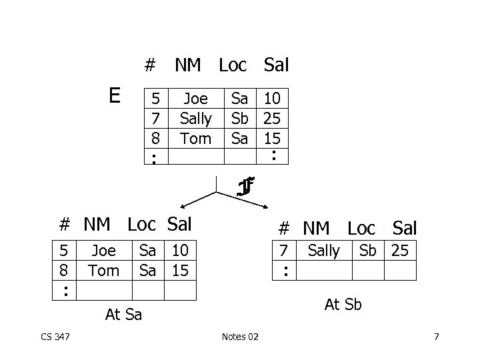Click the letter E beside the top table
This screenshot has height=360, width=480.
[115, 96]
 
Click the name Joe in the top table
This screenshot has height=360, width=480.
[195, 99]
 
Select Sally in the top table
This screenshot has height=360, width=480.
[196, 119]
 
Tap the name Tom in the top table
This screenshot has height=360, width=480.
[196, 139]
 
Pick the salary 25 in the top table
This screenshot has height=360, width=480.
[271, 119]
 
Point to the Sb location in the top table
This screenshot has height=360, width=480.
[239, 119]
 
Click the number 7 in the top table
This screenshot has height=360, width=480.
[155, 119]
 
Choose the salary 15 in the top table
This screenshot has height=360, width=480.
[271, 139]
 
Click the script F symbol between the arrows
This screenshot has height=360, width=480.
[245, 187]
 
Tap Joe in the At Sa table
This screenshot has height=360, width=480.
[103, 251]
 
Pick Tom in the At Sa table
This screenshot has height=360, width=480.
[103, 270]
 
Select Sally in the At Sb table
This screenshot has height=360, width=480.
[323, 251]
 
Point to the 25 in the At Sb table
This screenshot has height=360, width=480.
[401, 251]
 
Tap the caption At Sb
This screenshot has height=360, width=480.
[343, 304]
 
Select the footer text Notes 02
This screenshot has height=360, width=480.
[240, 337]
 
